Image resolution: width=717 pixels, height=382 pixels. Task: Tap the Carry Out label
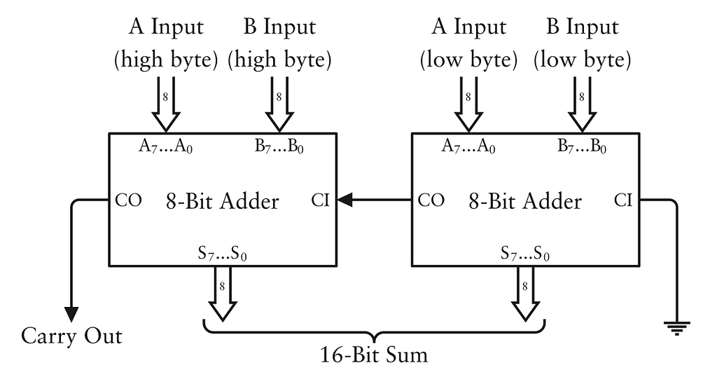[71, 336]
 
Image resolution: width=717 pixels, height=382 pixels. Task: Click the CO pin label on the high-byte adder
[129, 200]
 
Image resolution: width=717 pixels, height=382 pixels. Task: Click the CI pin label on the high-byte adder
[320, 201]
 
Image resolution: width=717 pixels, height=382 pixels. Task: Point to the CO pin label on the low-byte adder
[432, 200]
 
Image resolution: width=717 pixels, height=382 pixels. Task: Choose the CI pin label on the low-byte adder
[623, 200]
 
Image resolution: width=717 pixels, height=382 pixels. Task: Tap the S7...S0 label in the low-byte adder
[525, 254]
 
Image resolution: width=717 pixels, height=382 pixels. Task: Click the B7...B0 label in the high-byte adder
[279, 148]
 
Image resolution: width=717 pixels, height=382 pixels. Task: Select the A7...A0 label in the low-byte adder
[468, 148]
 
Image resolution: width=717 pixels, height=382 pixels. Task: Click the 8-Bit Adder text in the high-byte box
[223, 201]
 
